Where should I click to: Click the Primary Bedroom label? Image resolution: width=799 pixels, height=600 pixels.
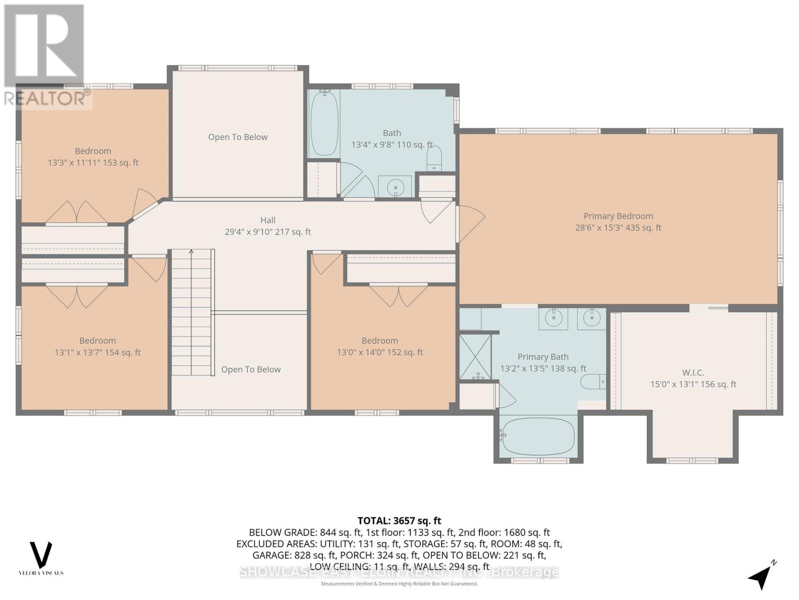pyautogui.click(x=618, y=216)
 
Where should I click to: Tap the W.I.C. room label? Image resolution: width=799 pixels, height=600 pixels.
pyautogui.click(x=693, y=372)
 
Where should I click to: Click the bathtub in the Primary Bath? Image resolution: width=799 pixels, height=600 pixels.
pyautogui.click(x=538, y=435)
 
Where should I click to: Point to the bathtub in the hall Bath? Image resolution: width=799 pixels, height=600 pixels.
pyautogui.click(x=324, y=123)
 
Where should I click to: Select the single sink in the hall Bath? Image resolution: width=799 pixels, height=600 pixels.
pyautogui.click(x=395, y=187)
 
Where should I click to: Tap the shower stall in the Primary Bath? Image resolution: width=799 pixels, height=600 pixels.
pyautogui.click(x=475, y=356)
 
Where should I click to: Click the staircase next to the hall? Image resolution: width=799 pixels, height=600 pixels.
pyautogui.click(x=191, y=312)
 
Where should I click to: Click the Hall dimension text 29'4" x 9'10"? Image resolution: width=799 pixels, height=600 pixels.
pyautogui.click(x=268, y=232)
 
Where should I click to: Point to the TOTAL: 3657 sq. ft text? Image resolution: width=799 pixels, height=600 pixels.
pyautogui.click(x=399, y=520)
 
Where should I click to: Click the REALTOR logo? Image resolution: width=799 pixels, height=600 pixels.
pyautogui.click(x=45, y=55)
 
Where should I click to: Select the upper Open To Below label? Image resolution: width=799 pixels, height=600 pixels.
pyautogui.click(x=238, y=137)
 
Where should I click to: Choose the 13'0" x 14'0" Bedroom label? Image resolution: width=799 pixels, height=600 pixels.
pyautogui.click(x=380, y=346)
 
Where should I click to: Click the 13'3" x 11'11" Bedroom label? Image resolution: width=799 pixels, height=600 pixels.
pyautogui.click(x=93, y=156)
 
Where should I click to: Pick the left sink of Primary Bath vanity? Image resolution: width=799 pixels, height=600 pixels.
pyautogui.click(x=553, y=318)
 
